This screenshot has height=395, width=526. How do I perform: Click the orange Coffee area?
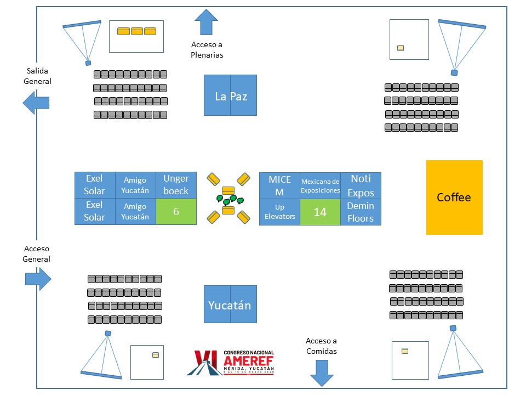(x=454, y=198)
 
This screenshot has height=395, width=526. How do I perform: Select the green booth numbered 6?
(x=176, y=211)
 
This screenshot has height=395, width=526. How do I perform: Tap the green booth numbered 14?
(x=320, y=212)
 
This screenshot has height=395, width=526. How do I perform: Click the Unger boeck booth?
(x=176, y=185)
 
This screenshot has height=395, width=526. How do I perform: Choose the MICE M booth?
(x=279, y=185)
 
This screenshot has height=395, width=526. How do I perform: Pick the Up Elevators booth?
(x=279, y=212)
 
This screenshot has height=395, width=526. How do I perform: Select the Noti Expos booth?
(x=361, y=185)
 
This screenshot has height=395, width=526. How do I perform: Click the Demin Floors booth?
(x=361, y=212)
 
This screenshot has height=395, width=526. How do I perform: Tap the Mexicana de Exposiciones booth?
(x=320, y=185)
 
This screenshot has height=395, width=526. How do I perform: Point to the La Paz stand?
(x=230, y=95)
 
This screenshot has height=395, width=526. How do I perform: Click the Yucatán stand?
(x=230, y=304)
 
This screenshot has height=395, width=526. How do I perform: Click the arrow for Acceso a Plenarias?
(x=207, y=22)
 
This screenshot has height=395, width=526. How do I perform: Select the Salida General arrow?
(x=36, y=103)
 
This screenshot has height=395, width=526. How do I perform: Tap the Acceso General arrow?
(x=38, y=279)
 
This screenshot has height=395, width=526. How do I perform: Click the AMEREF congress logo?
(x=234, y=362)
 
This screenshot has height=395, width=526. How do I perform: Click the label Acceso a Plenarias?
(x=207, y=49)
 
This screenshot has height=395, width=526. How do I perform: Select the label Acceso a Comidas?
(x=321, y=346)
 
